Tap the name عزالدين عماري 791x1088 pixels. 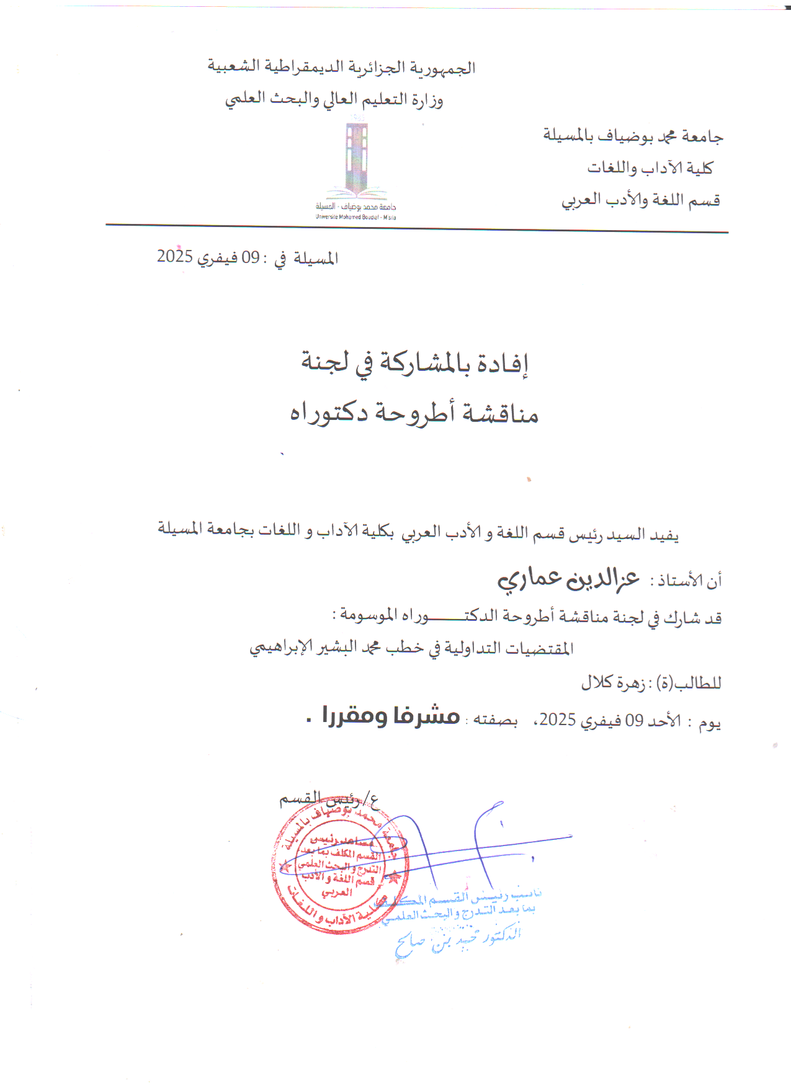coord(568,578)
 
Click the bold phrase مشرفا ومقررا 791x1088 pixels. coord(391,716)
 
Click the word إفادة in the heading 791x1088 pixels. coord(503,363)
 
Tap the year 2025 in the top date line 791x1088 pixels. coord(175,256)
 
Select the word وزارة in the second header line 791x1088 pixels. coord(427,99)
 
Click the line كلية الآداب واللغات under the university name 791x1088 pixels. coord(650,167)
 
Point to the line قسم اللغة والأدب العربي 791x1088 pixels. coord(641,200)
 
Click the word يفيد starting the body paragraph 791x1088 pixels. coord(664,534)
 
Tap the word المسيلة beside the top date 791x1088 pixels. coord(316,258)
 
